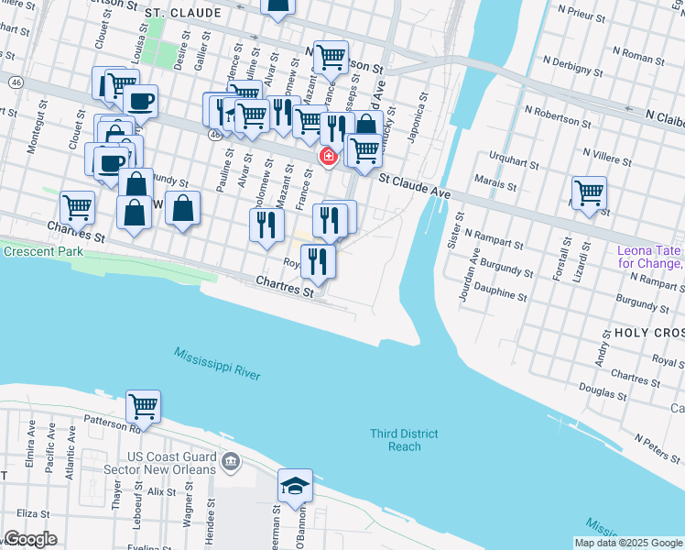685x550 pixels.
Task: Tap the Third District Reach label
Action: click(x=404, y=440)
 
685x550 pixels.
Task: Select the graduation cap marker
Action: click(x=295, y=486)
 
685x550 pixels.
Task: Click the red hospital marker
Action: click(x=327, y=158)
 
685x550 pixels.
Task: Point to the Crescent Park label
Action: click(x=43, y=251)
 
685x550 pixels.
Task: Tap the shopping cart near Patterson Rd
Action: click(x=143, y=406)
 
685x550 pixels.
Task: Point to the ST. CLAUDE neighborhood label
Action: click(x=183, y=14)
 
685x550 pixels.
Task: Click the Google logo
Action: click(x=30, y=539)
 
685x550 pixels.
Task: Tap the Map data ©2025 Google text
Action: click(x=627, y=543)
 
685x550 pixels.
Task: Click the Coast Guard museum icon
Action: click(x=230, y=459)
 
